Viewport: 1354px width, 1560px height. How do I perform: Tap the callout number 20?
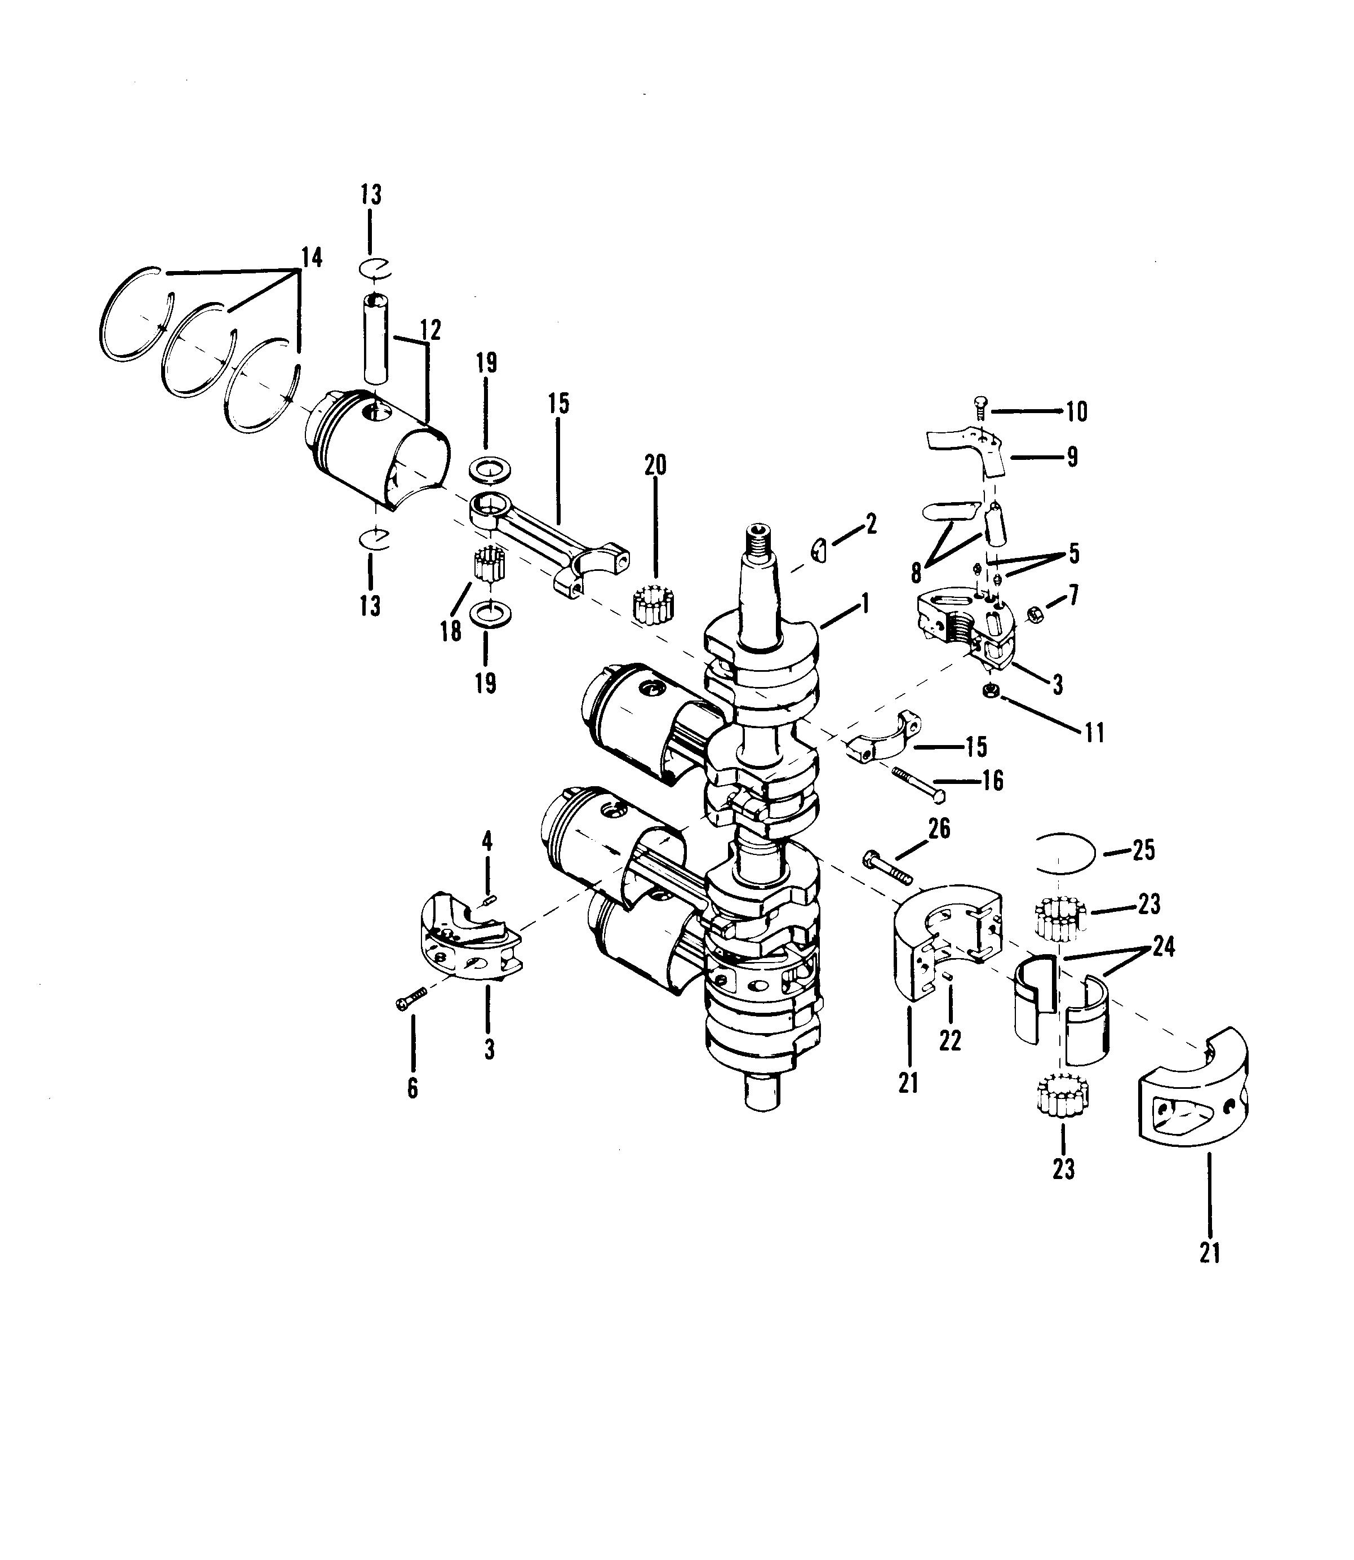pos(655,465)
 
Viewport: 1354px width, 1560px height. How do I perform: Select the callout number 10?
pos(1077,412)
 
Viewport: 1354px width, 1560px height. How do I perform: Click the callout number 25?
pos(1144,851)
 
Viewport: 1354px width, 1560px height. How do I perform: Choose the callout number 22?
pos(950,1041)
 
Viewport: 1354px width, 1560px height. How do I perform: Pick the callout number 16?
pos(993,780)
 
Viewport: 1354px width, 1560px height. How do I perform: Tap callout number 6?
pos(412,1088)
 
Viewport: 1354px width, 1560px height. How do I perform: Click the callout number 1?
pos(865,603)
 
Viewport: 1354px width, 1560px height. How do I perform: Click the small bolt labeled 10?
pos(981,407)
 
